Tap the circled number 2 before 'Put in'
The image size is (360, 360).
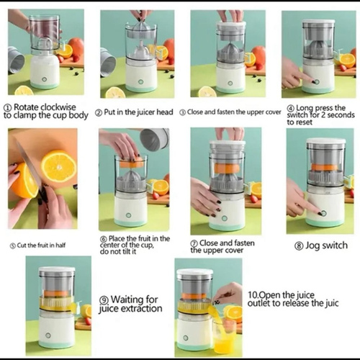(99, 112)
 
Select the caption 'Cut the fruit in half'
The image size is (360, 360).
(37, 246)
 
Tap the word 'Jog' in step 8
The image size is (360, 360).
(312, 246)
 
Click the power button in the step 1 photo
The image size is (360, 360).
(44, 79)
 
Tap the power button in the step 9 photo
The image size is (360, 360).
(48, 335)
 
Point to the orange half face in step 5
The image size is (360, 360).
(58, 166)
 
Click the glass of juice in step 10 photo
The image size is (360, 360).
(223, 336)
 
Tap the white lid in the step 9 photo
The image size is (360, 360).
(57, 269)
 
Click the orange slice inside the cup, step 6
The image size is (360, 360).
(132, 163)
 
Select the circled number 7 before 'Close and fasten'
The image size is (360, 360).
(194, 243)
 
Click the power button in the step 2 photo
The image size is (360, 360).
(140, 82)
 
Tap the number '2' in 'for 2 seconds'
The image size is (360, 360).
(323, 115)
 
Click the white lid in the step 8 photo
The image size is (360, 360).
(326, 142)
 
